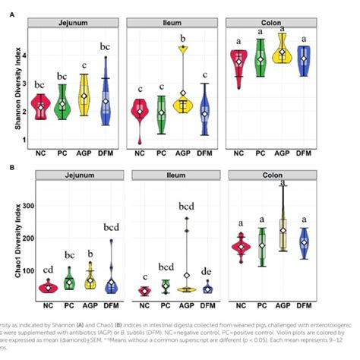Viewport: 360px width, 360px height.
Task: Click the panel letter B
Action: click(x=10, y=166)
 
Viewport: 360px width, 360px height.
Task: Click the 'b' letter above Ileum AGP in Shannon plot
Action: click(x=183, y=38)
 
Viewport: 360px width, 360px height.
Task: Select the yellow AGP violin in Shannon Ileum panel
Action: click(x=182, y=99)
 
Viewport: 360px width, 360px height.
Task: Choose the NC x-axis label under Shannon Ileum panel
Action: click(x=140, y=152)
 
